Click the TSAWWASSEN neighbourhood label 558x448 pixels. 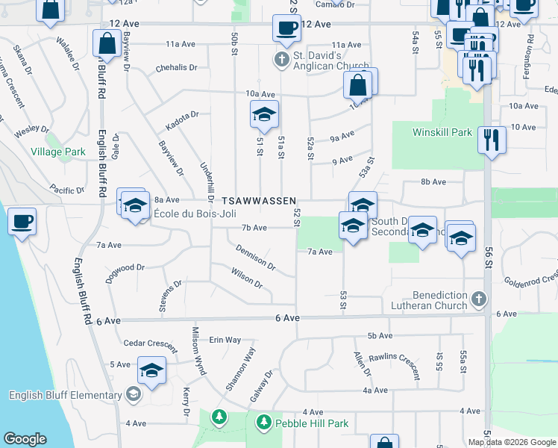(260, 202)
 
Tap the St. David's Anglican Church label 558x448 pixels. (322, 60)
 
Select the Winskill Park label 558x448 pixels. (442, 132)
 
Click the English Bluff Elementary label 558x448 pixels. (63, 394)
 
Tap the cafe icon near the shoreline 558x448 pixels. (22, 223)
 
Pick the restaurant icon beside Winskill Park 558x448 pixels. (491, 140)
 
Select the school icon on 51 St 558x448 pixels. (263, 115)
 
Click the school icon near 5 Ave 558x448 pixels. (151, 371)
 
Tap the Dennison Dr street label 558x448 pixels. (255, 257)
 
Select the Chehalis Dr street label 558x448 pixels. (176, 68)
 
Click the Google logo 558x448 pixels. (25, 439)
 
